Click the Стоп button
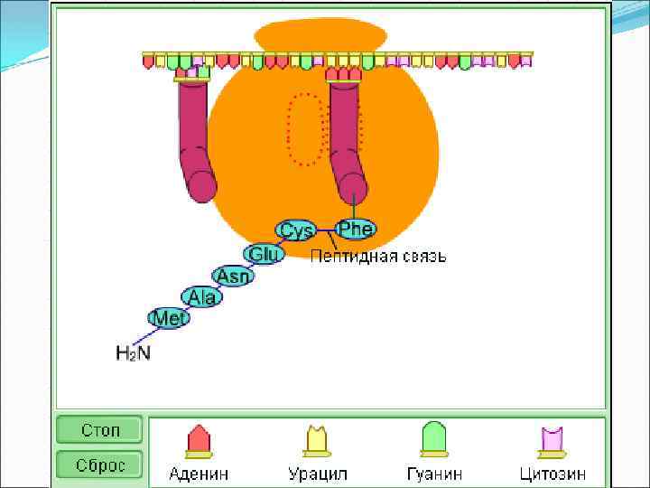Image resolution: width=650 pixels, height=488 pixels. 99,429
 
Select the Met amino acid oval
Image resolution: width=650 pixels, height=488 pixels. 169,318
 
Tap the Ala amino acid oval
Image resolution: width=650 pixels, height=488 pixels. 200,296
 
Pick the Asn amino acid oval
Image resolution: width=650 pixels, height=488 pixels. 233,276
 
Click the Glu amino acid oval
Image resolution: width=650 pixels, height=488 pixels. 264,254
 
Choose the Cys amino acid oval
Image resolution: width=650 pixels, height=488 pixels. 296,230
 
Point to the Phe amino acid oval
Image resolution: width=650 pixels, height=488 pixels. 355,229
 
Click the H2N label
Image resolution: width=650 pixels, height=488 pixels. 133,352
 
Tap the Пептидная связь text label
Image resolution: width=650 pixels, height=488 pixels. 377,257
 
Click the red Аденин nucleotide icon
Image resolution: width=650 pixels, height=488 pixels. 199,441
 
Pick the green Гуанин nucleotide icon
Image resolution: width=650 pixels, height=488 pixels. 434,439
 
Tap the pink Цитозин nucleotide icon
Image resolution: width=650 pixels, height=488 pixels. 552,441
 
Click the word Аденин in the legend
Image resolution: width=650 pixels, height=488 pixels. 199,473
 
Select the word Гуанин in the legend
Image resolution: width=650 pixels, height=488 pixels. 434,473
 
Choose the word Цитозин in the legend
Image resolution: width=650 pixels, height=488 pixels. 552,473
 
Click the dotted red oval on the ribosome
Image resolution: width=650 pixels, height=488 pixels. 306,129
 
